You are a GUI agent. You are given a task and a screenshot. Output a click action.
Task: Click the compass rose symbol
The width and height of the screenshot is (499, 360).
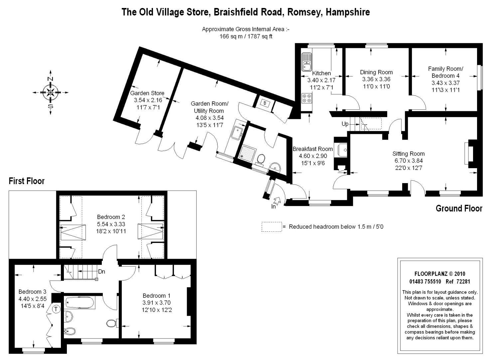pyautogui.click(x=51, y=92)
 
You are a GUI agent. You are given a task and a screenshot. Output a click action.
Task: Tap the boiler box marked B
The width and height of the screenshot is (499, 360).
pyautogui.click(x=265, y=103)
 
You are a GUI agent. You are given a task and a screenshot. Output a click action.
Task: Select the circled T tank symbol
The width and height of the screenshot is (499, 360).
pyautogui.click(x=56, y=309)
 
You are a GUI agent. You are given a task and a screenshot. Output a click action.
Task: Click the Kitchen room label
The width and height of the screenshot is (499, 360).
pyautogui.click(x=321, y=73)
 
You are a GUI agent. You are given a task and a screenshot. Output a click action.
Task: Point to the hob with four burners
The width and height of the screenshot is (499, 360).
pyautogui.click(x=307, y=98)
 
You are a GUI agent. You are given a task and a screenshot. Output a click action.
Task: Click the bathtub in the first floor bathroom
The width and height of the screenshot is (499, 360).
pyautogui.click(x=80, y=302)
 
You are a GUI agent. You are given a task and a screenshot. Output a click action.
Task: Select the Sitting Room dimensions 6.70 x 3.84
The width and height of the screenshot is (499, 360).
pyautogui.click(x=409, y=161)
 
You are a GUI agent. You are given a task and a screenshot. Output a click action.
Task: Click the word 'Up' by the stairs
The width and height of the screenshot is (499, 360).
pyautogui.click(x=345, y=124)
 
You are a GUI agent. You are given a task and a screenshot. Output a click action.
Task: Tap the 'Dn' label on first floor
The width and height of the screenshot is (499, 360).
pyautogui.click(x=101, y=272)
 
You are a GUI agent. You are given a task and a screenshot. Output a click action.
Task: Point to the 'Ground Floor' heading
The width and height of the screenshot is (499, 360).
pyautogui.click(x=459, y=208)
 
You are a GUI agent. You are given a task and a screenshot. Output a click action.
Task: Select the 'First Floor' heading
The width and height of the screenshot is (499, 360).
pyautogui.click(x=27, y=181)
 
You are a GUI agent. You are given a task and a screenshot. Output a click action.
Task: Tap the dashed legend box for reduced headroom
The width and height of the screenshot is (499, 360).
pyautogui.click(x=272, y=227)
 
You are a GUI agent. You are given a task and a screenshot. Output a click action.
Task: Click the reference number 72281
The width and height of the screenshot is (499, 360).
pyautogui.click(x=463, y=282)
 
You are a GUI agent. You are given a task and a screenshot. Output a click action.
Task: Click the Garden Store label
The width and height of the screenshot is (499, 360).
pyautogui.click(x=147, y=93)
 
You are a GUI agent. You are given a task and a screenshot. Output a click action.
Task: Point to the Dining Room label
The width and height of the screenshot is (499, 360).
pyautogui.click(x=376, y=72)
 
